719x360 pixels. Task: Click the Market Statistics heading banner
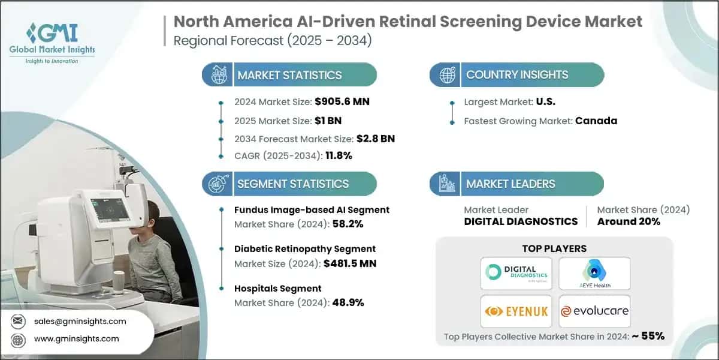[x=290, y=75]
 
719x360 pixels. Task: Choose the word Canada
[x=596, y=121]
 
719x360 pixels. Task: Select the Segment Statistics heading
[x=293, y=184]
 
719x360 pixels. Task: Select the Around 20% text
[x=629, y=221]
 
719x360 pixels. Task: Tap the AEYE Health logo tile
[x=594, y=272]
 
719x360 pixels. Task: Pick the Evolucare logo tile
[x=594, y=311]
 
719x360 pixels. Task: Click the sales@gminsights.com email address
[x=80, y=321]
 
